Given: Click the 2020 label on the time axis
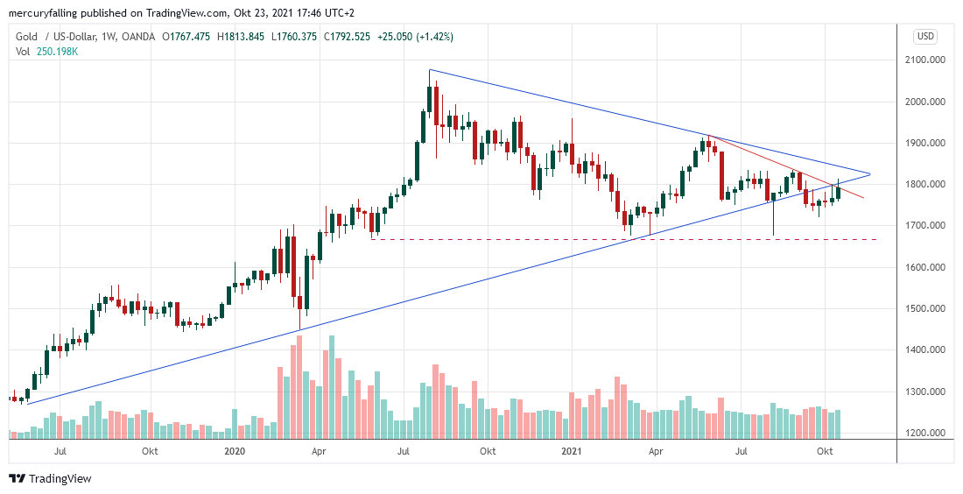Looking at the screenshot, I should point(234,452).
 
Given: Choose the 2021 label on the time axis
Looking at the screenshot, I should point(571,452).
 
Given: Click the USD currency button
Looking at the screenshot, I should point(924,36).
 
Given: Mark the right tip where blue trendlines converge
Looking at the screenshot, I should point(869,173).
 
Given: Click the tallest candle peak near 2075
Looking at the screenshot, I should point(431,70).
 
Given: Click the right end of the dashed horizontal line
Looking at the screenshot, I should point(877,239).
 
